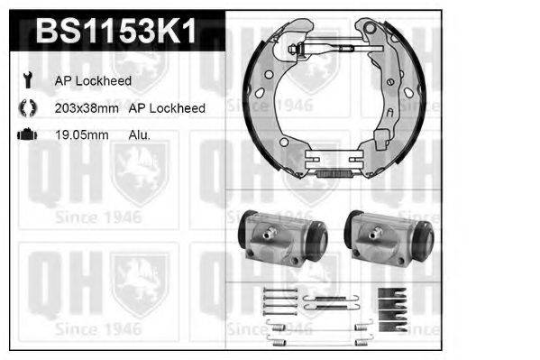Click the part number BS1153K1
click(x=116, y=31)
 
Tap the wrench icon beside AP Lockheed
click(x=27, y=80)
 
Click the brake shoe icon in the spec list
click(x=27, y=107)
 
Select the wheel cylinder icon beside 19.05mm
click(x=27, y=134)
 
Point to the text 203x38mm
click(x=87, y=108)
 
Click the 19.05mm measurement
click(x=82, y=134)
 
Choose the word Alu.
click(x=140, y=134)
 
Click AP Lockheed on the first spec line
click(x=93, y=80)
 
